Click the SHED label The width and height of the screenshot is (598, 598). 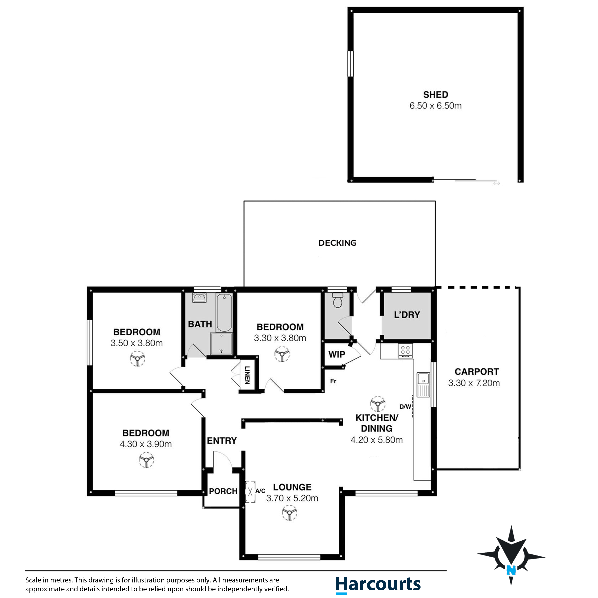(436, 94)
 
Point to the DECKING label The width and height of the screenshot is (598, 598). (337, 243)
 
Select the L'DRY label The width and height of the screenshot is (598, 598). (407, 315)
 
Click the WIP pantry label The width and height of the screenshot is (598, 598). (337, 354)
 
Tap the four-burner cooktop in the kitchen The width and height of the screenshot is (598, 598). (405, 351)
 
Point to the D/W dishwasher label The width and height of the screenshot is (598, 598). (405, 407)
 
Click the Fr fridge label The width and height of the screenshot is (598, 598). (333, 381)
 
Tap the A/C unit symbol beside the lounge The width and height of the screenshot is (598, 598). (250, 492)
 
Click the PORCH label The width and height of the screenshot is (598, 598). (223, 491)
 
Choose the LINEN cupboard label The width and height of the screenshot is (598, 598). (247, 375)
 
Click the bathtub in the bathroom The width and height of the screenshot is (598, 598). (224, 313)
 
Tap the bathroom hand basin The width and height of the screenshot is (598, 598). (199, 298)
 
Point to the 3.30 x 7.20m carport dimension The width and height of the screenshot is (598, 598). (474, 383)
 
